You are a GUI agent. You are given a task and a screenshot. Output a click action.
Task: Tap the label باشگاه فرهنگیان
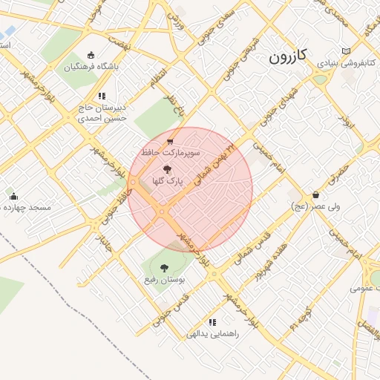91,66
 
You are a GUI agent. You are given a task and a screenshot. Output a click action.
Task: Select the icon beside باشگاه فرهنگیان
91,54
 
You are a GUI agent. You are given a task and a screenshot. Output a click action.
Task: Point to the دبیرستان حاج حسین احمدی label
102,112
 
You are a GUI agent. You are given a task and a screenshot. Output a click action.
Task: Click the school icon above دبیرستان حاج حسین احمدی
102,96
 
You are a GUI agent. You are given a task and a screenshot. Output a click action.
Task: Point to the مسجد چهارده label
26,207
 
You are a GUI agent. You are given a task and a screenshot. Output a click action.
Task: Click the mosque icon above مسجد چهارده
13,196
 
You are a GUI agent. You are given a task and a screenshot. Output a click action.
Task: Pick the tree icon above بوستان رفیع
164,268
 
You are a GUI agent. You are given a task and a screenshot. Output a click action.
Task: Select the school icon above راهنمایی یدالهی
213,322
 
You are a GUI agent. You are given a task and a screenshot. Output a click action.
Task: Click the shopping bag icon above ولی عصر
315,194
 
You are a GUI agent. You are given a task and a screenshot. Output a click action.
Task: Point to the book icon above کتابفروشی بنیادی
343,51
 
